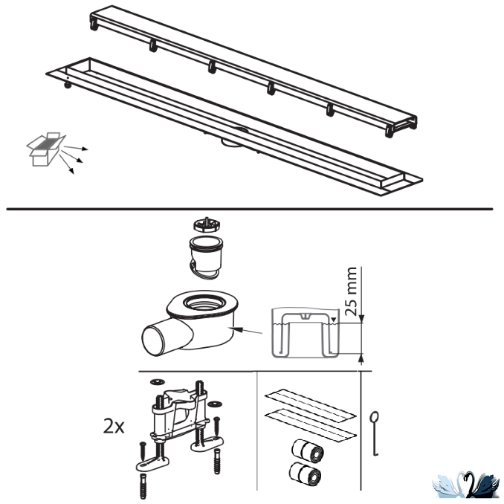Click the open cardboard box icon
45,149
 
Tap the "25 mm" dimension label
350,291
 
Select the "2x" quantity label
114,427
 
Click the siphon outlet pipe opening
154,340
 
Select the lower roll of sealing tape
305,474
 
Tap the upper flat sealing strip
311,404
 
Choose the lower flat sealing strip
311,425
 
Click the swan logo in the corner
466,485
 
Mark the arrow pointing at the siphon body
247,331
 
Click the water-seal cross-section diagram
306,333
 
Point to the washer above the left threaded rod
158,382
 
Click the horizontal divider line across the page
250,209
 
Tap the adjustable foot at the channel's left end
68,85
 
